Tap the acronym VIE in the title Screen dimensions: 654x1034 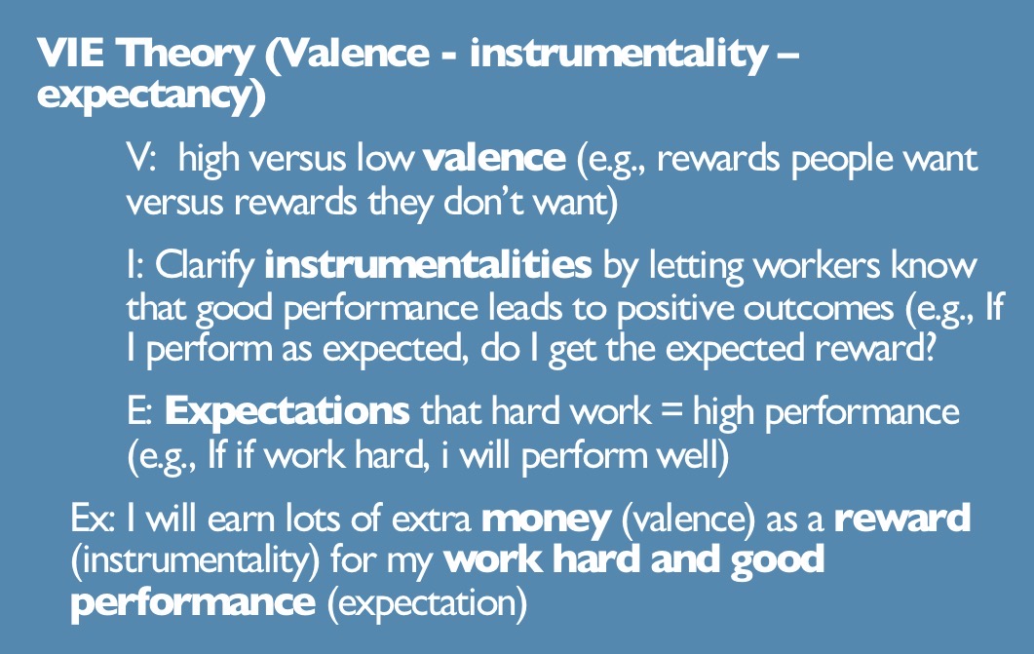pos(70,56)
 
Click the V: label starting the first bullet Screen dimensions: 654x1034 pos(142,158)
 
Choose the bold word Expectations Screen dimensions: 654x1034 pos(287,411)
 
